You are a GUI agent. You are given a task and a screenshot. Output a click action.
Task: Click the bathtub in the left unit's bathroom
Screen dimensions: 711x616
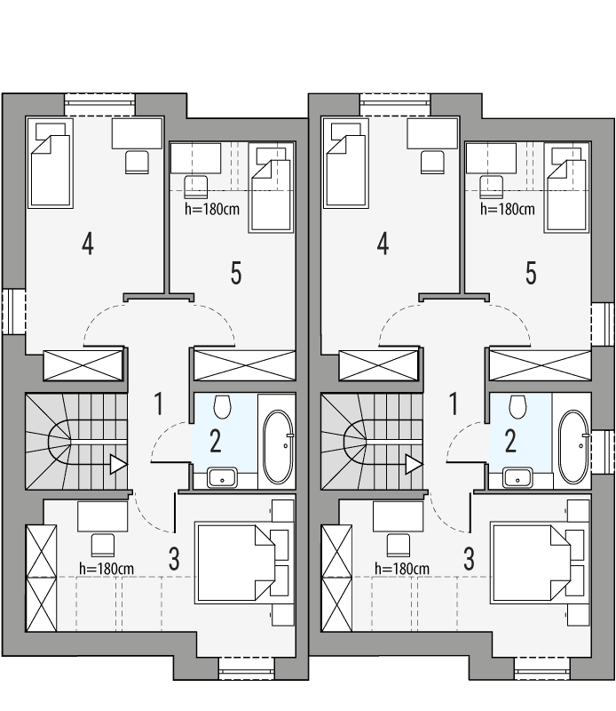(279, 441)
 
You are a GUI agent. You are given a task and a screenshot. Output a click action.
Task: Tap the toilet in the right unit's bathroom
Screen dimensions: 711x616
(518, 406)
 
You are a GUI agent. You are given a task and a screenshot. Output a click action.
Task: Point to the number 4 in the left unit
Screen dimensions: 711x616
(87, 244)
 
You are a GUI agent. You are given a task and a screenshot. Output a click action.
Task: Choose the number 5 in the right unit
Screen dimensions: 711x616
(531, 274)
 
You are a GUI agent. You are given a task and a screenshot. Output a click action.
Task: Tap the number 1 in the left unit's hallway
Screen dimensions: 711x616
(159, 404)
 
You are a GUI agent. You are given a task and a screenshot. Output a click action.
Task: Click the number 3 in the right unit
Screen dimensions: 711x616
(469, 559)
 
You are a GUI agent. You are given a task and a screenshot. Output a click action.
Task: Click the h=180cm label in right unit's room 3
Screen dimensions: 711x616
(402, 568)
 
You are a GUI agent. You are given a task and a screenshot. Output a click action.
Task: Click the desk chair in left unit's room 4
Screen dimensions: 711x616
(137, 162)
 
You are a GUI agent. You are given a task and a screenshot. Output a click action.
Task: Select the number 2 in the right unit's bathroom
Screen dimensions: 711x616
(510, 441)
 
